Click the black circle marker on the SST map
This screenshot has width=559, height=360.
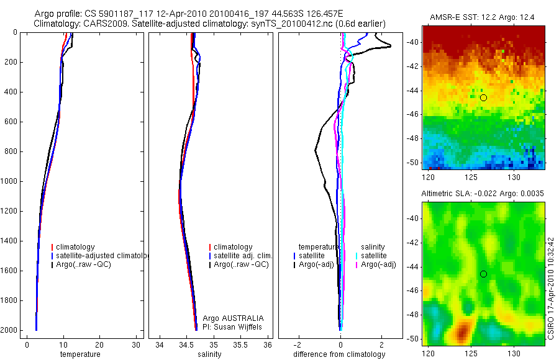[483, 97]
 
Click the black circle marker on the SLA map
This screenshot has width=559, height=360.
[483, 274]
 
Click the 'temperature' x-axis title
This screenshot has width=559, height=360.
[80, 354]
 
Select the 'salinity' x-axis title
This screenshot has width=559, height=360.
[207, 354]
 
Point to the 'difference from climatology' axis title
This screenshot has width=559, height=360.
[339, 354]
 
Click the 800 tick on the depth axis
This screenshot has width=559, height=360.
[12, 151]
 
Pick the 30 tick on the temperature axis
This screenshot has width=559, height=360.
[135, 345]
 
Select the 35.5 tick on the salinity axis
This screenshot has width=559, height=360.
[242, 345]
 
